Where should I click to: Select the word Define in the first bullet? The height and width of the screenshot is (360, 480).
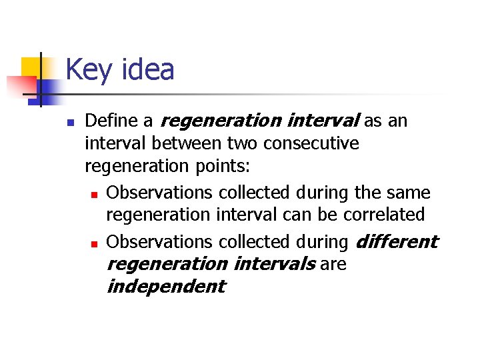pos(111,121)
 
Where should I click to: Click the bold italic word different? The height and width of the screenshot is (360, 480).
pos(397,241)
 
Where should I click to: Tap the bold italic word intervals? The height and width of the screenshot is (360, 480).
pos(275,263)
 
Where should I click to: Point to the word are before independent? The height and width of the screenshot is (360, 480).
pos(333,264)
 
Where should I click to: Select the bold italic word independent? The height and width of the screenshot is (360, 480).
pos(166,287)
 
